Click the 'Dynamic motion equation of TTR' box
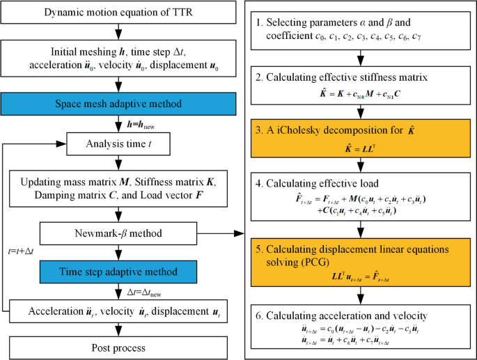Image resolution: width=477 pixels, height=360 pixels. tap(122, 14)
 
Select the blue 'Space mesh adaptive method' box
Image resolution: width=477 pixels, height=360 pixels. tap(122, 104)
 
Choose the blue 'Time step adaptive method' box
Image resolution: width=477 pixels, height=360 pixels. tap(122, 273)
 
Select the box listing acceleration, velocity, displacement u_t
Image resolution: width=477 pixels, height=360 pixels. tap(122, 311)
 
